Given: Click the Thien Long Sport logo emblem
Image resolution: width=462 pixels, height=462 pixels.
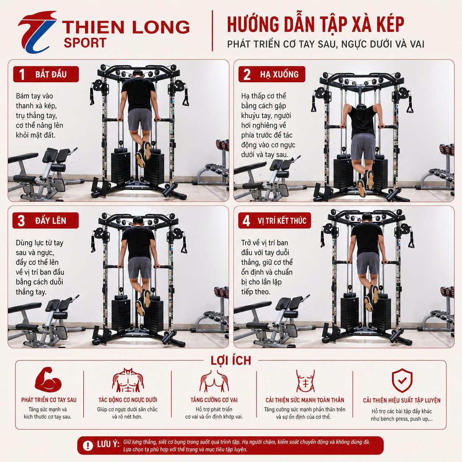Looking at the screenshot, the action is point(38,32).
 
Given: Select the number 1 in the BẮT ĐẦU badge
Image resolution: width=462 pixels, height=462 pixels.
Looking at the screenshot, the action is point(22,74).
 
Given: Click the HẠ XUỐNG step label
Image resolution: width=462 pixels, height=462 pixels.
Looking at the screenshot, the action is point(279,74).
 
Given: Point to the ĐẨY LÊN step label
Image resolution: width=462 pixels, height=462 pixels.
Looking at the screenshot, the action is point(50,221).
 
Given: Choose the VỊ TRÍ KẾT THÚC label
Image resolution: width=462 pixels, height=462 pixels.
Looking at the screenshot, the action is point(282,221).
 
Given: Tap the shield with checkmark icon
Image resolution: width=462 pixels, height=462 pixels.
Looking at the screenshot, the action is point(402,381).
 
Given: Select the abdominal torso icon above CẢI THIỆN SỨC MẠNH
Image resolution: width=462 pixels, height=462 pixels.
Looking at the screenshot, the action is point(305,381).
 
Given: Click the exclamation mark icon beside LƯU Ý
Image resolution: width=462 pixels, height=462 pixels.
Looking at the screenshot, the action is point(88,446).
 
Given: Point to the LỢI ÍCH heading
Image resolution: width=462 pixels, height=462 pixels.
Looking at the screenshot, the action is point(231,361).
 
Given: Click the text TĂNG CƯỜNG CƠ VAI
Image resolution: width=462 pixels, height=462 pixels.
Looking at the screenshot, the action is point(214,400).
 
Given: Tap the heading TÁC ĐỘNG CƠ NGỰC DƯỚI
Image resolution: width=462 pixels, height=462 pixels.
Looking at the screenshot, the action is point(128,400).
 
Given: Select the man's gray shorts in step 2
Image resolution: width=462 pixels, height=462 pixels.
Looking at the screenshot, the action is point(363,146).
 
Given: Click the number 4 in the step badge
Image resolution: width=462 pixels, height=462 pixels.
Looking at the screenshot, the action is point(246,221).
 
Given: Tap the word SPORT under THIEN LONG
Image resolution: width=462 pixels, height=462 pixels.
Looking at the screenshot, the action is point(85,43).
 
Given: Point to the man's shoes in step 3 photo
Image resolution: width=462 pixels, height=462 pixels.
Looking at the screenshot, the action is point(143,302).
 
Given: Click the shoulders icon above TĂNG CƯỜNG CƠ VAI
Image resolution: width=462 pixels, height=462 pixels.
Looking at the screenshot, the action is point(214,381).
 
